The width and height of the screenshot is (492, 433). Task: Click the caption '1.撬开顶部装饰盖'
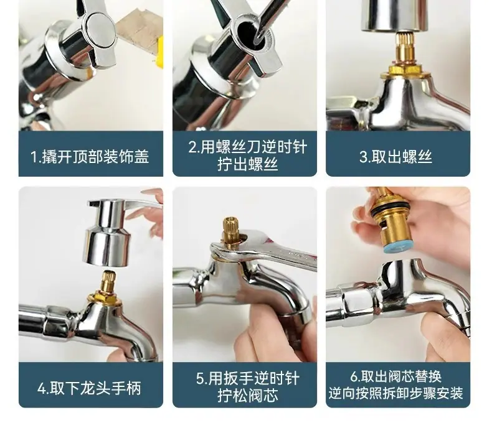point(90,156)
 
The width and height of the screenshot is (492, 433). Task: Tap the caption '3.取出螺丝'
point(395,156)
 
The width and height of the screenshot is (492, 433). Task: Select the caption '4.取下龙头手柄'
point(90,388)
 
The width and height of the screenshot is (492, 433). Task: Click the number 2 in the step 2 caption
point(192,147)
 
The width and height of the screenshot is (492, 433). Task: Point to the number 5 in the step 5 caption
point(200,378)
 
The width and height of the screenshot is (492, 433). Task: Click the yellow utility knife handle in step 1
point(159,52)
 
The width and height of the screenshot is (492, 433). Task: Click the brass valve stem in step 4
point(107,282)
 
